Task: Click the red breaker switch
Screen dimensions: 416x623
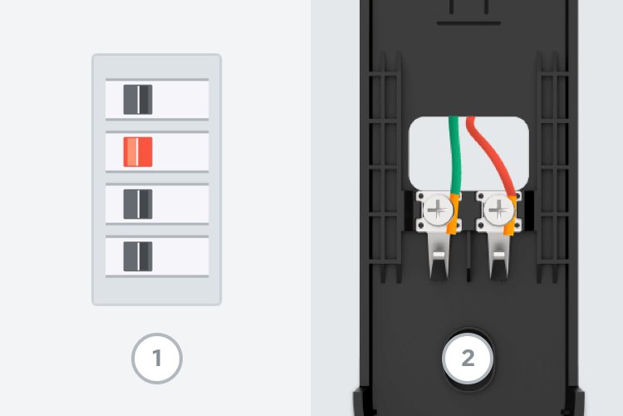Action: pyautogui.click(x=138, y=151)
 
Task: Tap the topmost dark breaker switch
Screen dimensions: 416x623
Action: pyautogui.click(x=138, y=99)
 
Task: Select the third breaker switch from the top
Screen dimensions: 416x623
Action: pyautogui.click(x=138, y=204)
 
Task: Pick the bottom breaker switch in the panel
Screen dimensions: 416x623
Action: pyautogui.click(x=138, y=256)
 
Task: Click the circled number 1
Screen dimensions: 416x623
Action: pyautogui.click(x=156, y=359)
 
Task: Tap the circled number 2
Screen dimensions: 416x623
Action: pyautogui.click(x=468, y=359)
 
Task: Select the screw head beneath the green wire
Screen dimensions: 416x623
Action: pyautogui.click(x=435, y=211)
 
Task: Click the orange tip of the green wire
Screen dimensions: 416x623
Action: pyautogui.click(x=452, y=218)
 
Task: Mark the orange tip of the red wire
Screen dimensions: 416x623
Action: pyautogui.click(x=513, y=218)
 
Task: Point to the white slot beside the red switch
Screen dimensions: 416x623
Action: pyautogui.click(x=179, y=151)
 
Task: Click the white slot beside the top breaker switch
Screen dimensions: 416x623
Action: pyautogui.click(x=179, y=99)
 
